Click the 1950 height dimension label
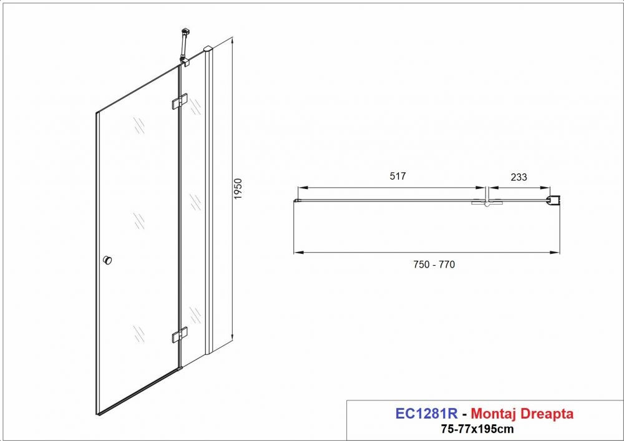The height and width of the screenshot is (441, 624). pyautogui.click(x=238, y=189)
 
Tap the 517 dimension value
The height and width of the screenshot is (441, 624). pyautogui.click(x=397, y=176)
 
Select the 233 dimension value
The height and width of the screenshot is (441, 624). pyautogui.click(x=519, y=177)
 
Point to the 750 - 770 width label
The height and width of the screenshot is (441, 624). pyautogui.click(x=434, y=264)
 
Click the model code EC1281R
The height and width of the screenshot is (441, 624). pyautogui.click(x=426, y=414)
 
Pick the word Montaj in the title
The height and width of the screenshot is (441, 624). pyautogui.click(x=494, y=414)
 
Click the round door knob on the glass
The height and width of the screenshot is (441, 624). pyautogui.click(x=107, y=261)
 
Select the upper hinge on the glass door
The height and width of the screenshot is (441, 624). pyautogui.click(x=180, y=100)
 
